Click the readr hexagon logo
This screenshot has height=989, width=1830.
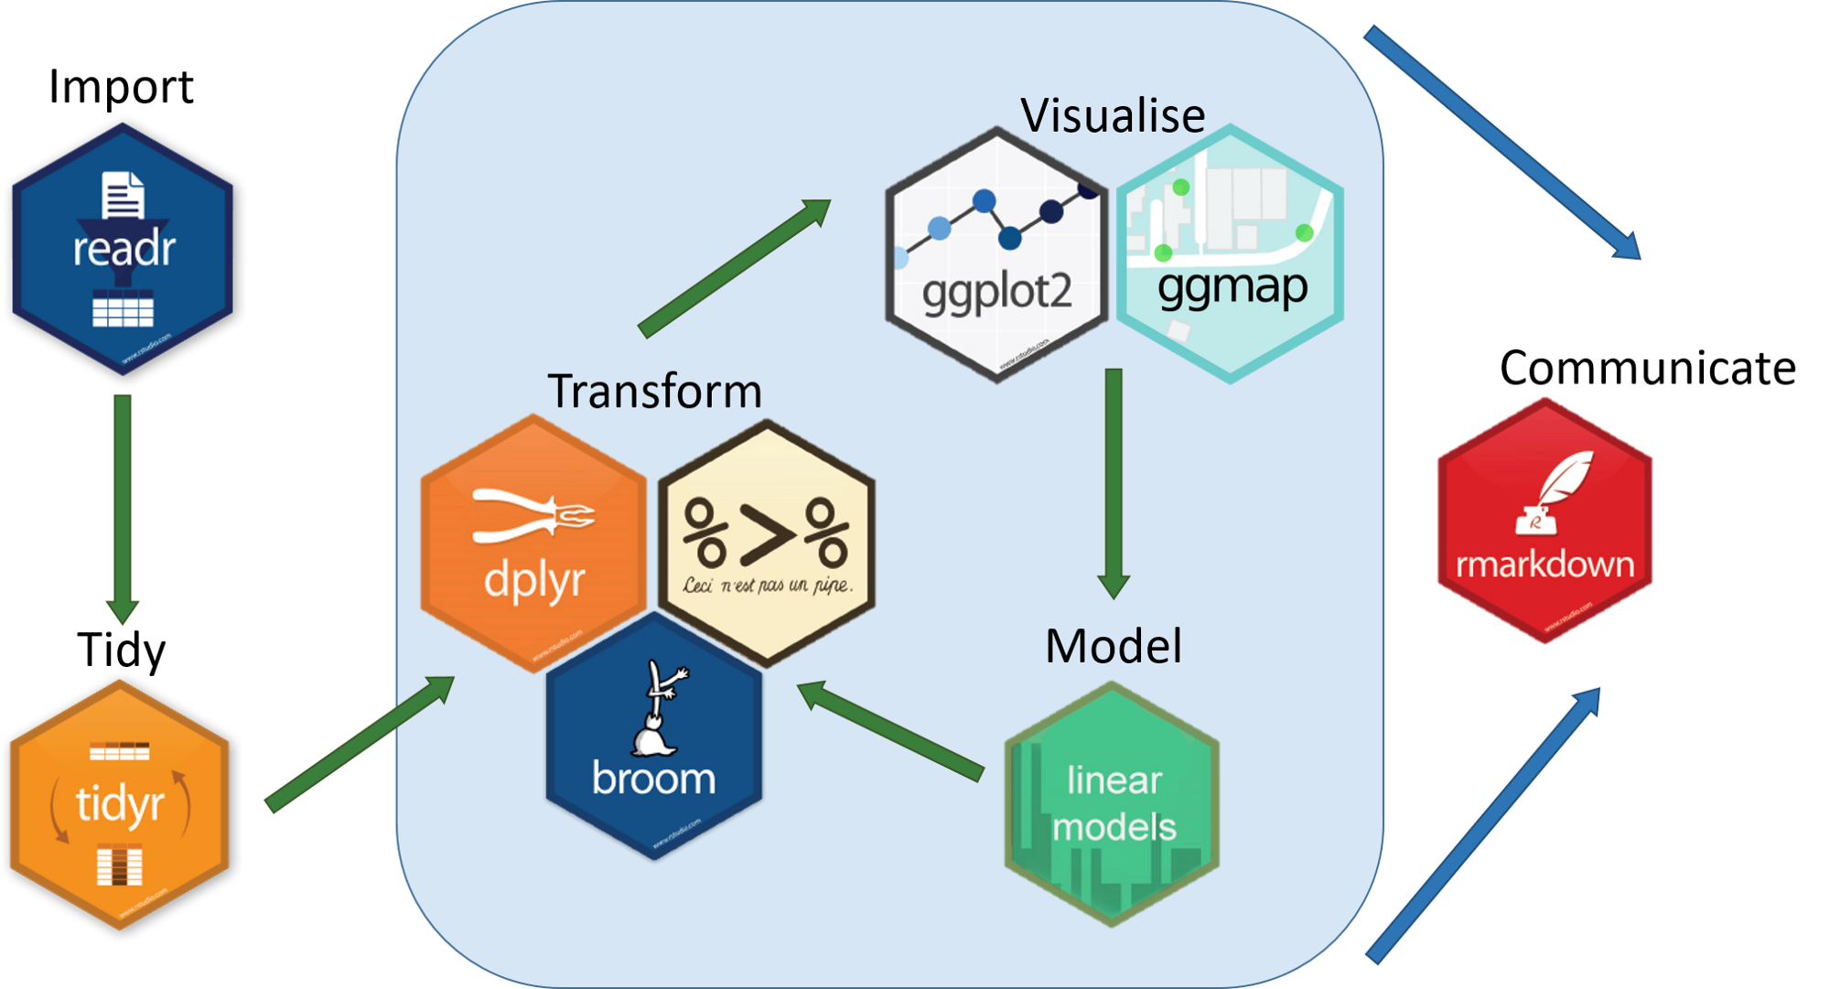coord(123,250)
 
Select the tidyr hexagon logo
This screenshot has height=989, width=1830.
coord(119,805)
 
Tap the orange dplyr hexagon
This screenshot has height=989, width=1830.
coord(533,544)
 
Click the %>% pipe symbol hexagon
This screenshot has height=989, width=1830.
coord(767,543)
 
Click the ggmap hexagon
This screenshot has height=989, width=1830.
coord(1230,253)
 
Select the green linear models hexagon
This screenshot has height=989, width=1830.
coord(1113,804)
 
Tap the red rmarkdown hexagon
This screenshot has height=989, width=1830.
coord(1545,521)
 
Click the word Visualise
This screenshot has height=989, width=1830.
coord(1113,116)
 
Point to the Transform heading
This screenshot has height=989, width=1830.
coord(654,392)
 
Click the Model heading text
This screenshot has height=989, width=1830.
coord(1113,646)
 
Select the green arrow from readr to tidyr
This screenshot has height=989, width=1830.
coord(123,508)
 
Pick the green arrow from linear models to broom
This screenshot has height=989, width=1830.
coord(892,731)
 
